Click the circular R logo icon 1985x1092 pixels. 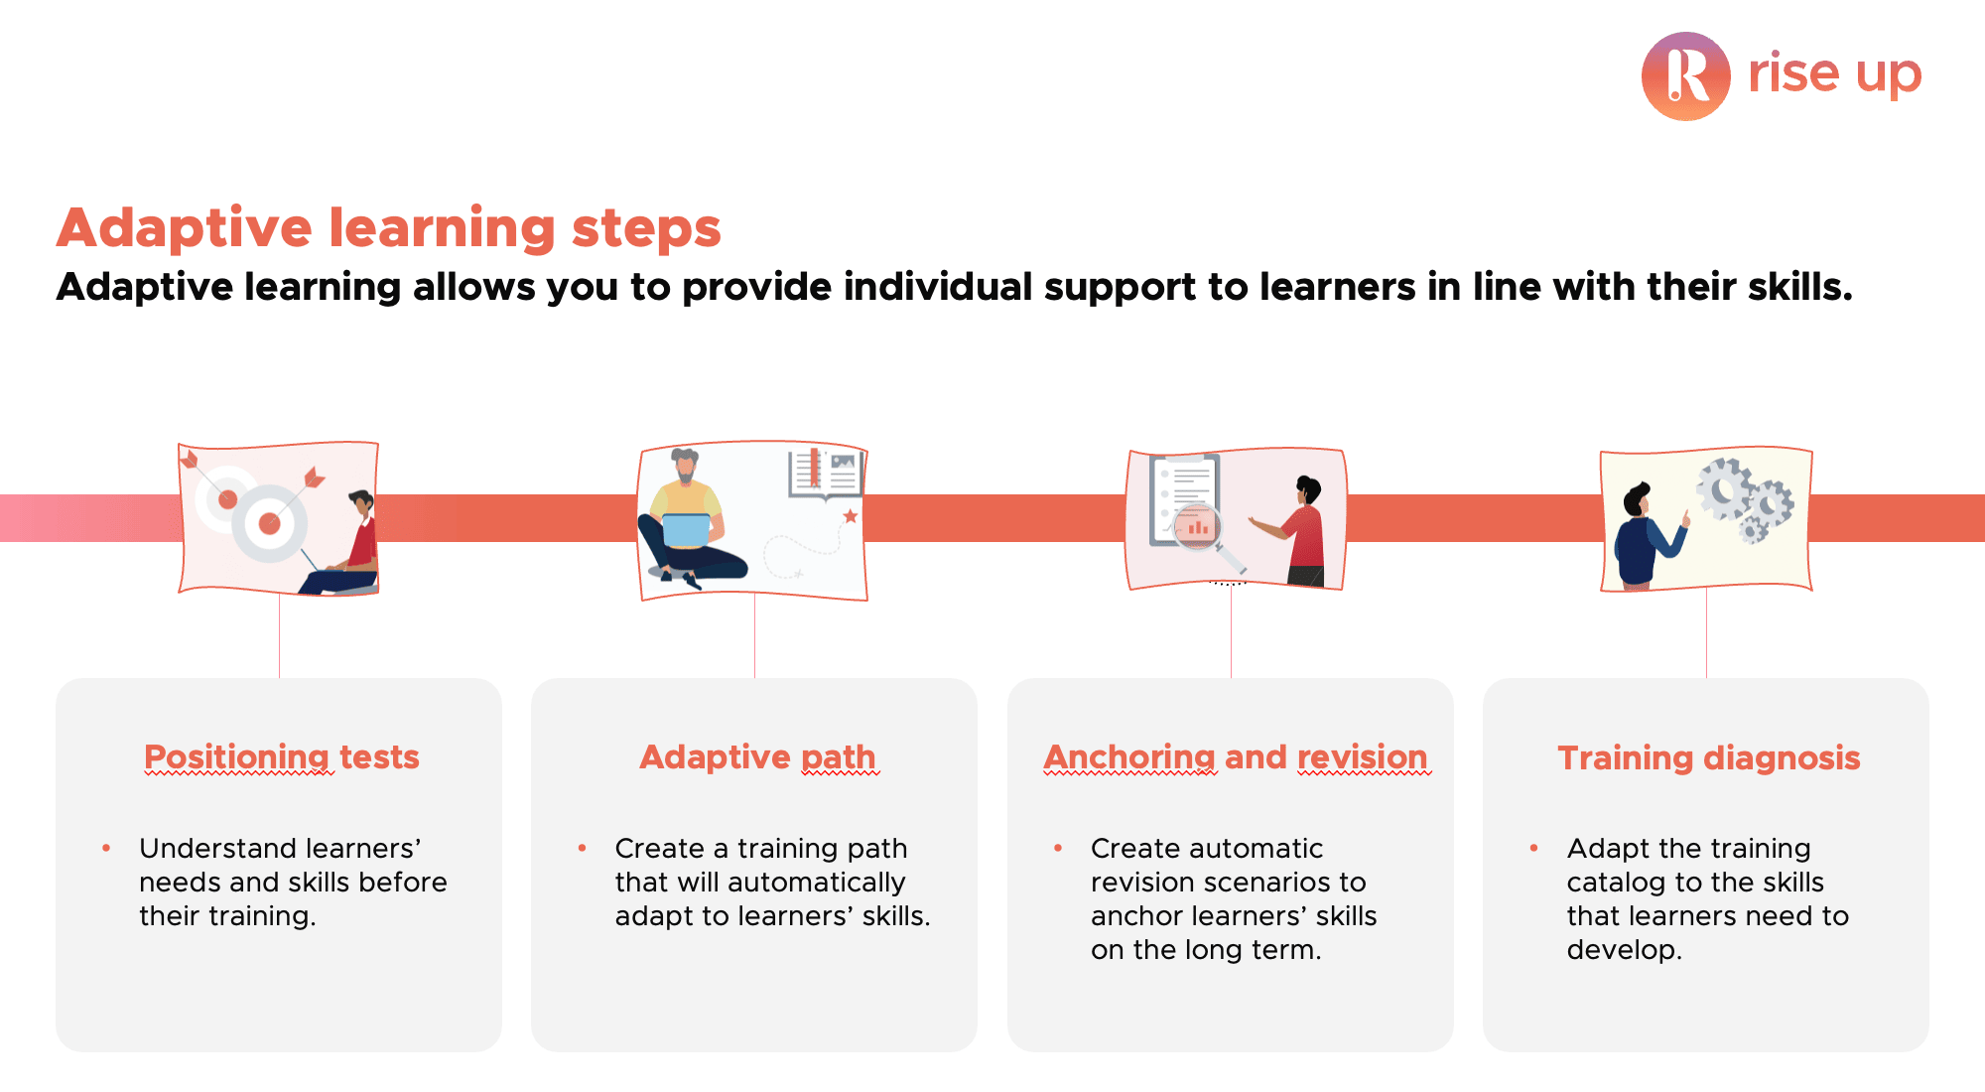pyautogui.click(x=1686, y=76)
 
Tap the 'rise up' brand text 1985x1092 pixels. pyautogui.click(x=1834, y=73)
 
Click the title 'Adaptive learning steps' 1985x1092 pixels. pyautogui.click(x=389, y=228)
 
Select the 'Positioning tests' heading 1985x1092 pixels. pyautogui.click(x=282, y=756)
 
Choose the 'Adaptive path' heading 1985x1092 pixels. pyautogui.click(x=758, y=756)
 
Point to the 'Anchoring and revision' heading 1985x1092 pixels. pyautogui.click(x=1236, y=756)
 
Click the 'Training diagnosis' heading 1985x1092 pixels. pyautogui.click(x=1709, y=757)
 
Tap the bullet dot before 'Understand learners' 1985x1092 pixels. pyautogui.click(x=106, y=848)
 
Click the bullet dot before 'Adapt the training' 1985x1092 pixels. pyautogui.click(x=1533, y=848)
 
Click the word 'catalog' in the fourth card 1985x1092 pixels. pyautogui.click(x=1617, y=883)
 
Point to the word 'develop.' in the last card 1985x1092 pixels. pyautogui.click(x=1625, y=950)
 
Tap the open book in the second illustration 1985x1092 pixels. pyautogui.click(x=826, y=474)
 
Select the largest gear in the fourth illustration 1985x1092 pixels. pyautogui.click(x=1724, y=487)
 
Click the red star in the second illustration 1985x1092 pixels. pyautogui.click(x=851, y=516)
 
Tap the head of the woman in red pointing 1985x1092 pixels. pyautogui.click(x=1309, y=489)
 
